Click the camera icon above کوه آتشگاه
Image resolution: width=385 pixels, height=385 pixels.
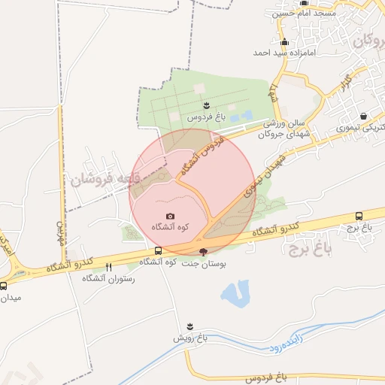(x=169, y=217)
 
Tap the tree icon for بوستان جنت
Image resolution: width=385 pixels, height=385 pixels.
(x=202, y=252)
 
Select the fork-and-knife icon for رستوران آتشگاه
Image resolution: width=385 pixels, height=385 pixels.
(x=108, y=267)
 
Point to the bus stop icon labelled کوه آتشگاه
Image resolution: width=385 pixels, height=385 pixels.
(x=157, y=250)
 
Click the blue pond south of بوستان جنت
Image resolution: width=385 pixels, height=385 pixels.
(x=237, y=293)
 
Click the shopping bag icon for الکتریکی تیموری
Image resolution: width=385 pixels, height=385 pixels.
(x=364, y=117)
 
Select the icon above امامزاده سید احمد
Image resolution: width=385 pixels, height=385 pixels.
(x=283, y=42)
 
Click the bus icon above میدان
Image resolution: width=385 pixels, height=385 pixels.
(x=5, y=286)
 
